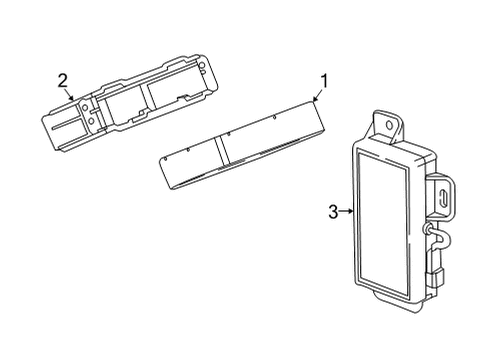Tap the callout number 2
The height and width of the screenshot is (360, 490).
[x=62, y=81]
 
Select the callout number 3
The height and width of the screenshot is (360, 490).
[x=333, y=211]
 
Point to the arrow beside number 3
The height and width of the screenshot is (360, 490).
[x=346, y=211]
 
